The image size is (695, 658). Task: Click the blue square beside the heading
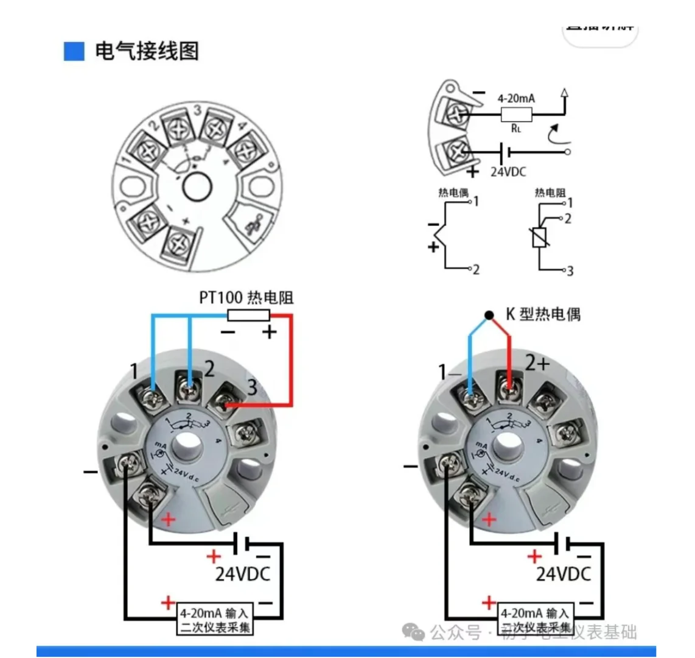pyautogui.click(x=74, y=51)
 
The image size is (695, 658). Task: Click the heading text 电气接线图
pyautogui.click(x=147, y=51)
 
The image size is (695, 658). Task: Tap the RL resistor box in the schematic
pyautogui.click(x=516, y=114)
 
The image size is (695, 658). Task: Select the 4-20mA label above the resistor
pyautogui.click(x=516, y=98)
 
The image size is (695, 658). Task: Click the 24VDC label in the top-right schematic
pyautogui.click(x=508, y=172)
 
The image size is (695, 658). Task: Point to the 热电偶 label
pyautogui.click(x=453, y=193)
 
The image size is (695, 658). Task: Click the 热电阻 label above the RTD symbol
pyautogui.click(x=550, y=193)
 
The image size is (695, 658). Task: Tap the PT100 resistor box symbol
pyautogui.click(x=248, y=315)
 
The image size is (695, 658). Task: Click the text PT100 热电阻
pyautogui.click(x=246, y=297)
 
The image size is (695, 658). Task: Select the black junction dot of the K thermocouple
pyautogui.click(x=489, y=315)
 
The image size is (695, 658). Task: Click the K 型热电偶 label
pyautogui.click(x=543, y=314)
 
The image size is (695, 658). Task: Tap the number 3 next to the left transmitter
pyautogui.click(x=251, y=386)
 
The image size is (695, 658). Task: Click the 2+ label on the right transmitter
pyautogui.click(x=537, y=364)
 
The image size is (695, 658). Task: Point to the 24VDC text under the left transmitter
pyautogui.click(x=242, y=573)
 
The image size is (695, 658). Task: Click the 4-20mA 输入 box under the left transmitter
pyautogui.click(x=214, y=620)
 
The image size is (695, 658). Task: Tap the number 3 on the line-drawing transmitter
pyautogui.click(x=197, y=110)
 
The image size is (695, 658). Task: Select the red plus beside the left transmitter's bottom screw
pyautogui.click(x=169, y=519)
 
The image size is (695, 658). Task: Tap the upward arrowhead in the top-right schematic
pyautogui.click(x=564, y=93)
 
